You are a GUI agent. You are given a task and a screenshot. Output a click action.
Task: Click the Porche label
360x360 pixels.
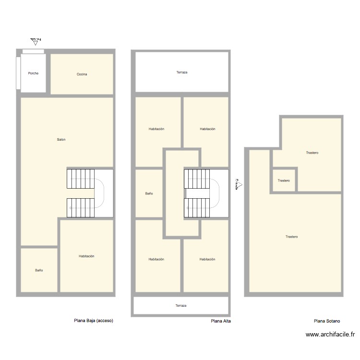coord(33,73)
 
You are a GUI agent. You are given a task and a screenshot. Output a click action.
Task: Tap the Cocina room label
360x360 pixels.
coord(82,74)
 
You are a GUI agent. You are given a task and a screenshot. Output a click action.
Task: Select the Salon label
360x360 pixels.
coord(61,140)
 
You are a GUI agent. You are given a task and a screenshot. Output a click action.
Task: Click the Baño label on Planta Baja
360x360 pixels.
coord(39,270)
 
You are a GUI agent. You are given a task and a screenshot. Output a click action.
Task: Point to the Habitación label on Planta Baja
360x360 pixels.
coord(86,256)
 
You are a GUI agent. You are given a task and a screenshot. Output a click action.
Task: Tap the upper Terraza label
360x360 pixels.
coord(181,72)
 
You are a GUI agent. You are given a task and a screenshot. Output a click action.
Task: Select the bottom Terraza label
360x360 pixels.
coord(180,306)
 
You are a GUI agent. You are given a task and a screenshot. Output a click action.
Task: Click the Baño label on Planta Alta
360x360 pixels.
coord(149,194)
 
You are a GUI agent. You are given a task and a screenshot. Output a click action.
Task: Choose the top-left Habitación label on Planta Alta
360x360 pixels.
coord(156,129)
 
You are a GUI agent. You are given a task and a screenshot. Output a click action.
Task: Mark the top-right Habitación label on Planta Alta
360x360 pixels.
coord(207,129)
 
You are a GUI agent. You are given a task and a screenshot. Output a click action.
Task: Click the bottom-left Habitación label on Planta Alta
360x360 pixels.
coord(156,259)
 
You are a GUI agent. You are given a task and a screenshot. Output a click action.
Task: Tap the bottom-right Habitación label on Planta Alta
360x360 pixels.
coord(207,259)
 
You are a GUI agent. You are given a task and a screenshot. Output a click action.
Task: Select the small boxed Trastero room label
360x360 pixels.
coord(284,180)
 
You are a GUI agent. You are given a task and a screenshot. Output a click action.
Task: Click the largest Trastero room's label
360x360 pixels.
coord(291,237)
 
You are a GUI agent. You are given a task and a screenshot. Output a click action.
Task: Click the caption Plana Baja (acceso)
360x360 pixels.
coord(94,321)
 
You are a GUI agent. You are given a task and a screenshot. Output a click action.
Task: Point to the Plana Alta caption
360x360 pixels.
coord(221,321)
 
